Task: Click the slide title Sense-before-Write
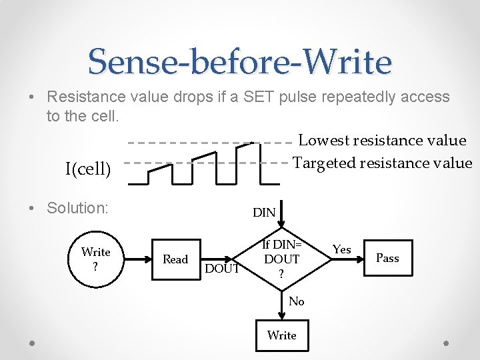[x=239, y=61]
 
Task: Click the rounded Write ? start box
[x=95, y=259]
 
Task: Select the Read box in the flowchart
[x=175, y=259]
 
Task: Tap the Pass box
[x=387, y=258]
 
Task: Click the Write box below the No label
[x=281, y=335]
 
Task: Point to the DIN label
[x=264, y=213]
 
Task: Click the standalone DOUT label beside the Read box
[x=223, y=269]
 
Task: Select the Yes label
[x=341, y=249]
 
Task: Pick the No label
[x=297, y=301]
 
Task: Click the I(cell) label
[x=88, y=169]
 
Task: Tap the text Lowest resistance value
[x=382, y=141]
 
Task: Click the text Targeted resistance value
[x=383, y=163]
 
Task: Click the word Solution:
[x=77, y=208]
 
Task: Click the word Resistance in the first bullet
[x=88, y=97]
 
